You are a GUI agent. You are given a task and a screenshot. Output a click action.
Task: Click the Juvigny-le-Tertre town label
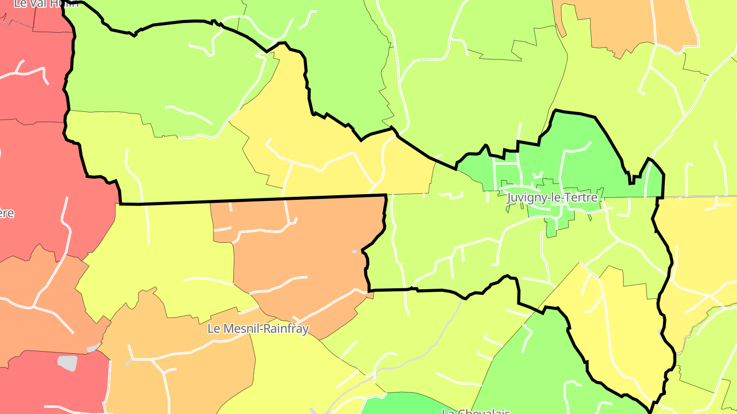point(552,198)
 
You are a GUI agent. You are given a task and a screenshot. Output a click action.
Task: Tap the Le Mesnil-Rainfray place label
point(258,329)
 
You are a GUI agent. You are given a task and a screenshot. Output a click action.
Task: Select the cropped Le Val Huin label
point(46,4)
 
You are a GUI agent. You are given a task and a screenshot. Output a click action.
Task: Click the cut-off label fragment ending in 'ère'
point(7,213)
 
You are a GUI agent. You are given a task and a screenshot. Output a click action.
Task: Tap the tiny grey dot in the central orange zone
point(354,251)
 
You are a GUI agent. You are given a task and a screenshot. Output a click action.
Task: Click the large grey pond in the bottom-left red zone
point(67,363)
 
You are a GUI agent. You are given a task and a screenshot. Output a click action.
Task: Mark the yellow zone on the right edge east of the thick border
point(706,245)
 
